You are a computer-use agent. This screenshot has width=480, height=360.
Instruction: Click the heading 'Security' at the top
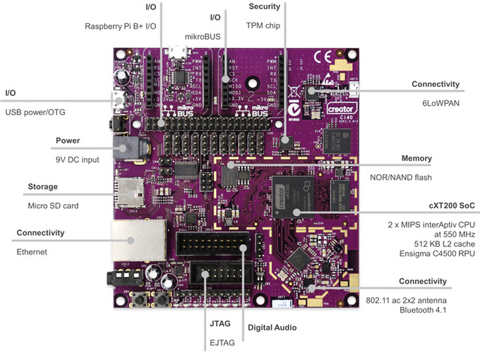click(264, 6)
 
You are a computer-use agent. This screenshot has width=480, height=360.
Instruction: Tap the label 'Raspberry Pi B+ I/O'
click(120, 26)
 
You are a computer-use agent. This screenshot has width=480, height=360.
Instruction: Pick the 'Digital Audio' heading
click(272, 328)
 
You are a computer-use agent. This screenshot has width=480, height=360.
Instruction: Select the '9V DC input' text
click(78, 160)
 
